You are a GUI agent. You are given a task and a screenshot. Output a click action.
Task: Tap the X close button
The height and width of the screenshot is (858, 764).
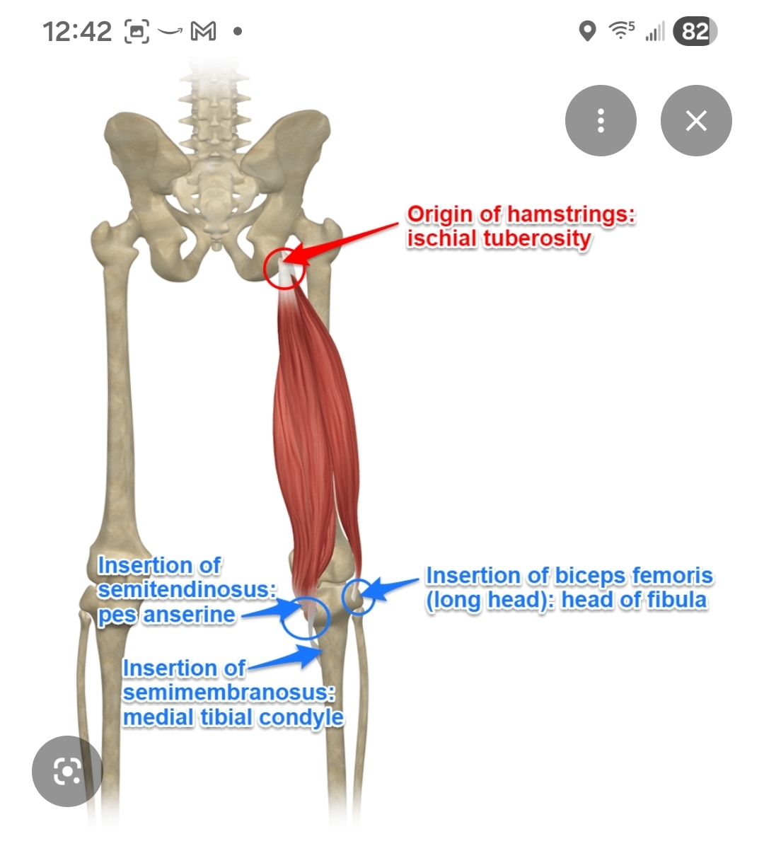696,121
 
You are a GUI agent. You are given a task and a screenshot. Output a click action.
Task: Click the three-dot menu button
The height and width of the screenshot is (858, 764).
601,121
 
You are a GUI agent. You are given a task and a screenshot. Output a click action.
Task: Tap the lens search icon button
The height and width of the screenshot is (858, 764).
67,771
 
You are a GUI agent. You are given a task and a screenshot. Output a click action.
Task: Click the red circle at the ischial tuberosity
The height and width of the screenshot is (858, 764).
284,269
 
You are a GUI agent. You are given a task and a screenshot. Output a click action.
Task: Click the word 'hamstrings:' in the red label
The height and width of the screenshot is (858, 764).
571,214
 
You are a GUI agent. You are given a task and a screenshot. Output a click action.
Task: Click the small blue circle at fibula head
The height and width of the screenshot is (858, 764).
359,596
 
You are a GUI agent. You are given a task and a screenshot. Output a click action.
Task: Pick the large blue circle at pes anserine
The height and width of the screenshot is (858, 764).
305,618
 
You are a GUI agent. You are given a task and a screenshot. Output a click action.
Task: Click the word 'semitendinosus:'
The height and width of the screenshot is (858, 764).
187,590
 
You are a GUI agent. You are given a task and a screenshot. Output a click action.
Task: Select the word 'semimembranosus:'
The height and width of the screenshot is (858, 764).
228,692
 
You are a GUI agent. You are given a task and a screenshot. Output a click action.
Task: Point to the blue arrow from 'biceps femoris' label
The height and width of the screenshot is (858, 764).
393,586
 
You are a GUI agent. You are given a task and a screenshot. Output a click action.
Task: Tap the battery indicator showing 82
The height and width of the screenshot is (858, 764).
695,31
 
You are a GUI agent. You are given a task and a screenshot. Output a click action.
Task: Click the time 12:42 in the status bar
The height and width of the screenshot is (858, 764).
76,32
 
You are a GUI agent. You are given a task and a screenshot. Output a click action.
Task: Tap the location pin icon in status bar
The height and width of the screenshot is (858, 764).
587,31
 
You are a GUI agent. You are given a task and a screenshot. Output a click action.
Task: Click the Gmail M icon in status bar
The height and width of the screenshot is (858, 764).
203,31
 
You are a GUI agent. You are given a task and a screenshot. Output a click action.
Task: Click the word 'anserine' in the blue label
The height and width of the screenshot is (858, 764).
189,615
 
